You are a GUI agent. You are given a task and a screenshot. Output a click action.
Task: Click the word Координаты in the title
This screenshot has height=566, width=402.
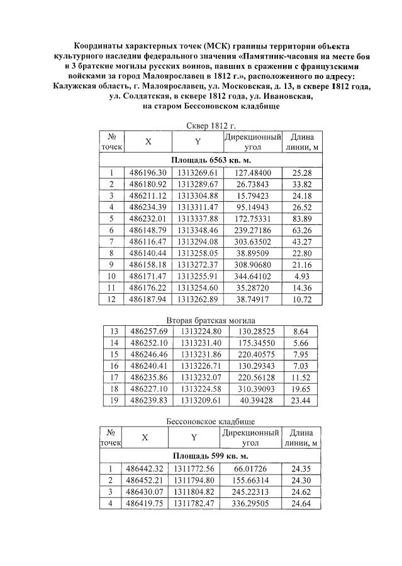(103, 46)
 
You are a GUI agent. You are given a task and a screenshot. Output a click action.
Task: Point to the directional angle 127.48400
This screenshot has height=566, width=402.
(252, 173)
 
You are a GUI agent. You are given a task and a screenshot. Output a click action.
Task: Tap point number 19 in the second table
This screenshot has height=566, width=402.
(114, 400)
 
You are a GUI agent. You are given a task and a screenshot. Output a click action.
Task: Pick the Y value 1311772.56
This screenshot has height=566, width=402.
(194, 468)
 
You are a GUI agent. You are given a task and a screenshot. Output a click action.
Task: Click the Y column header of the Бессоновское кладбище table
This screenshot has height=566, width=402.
(194, 437)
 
